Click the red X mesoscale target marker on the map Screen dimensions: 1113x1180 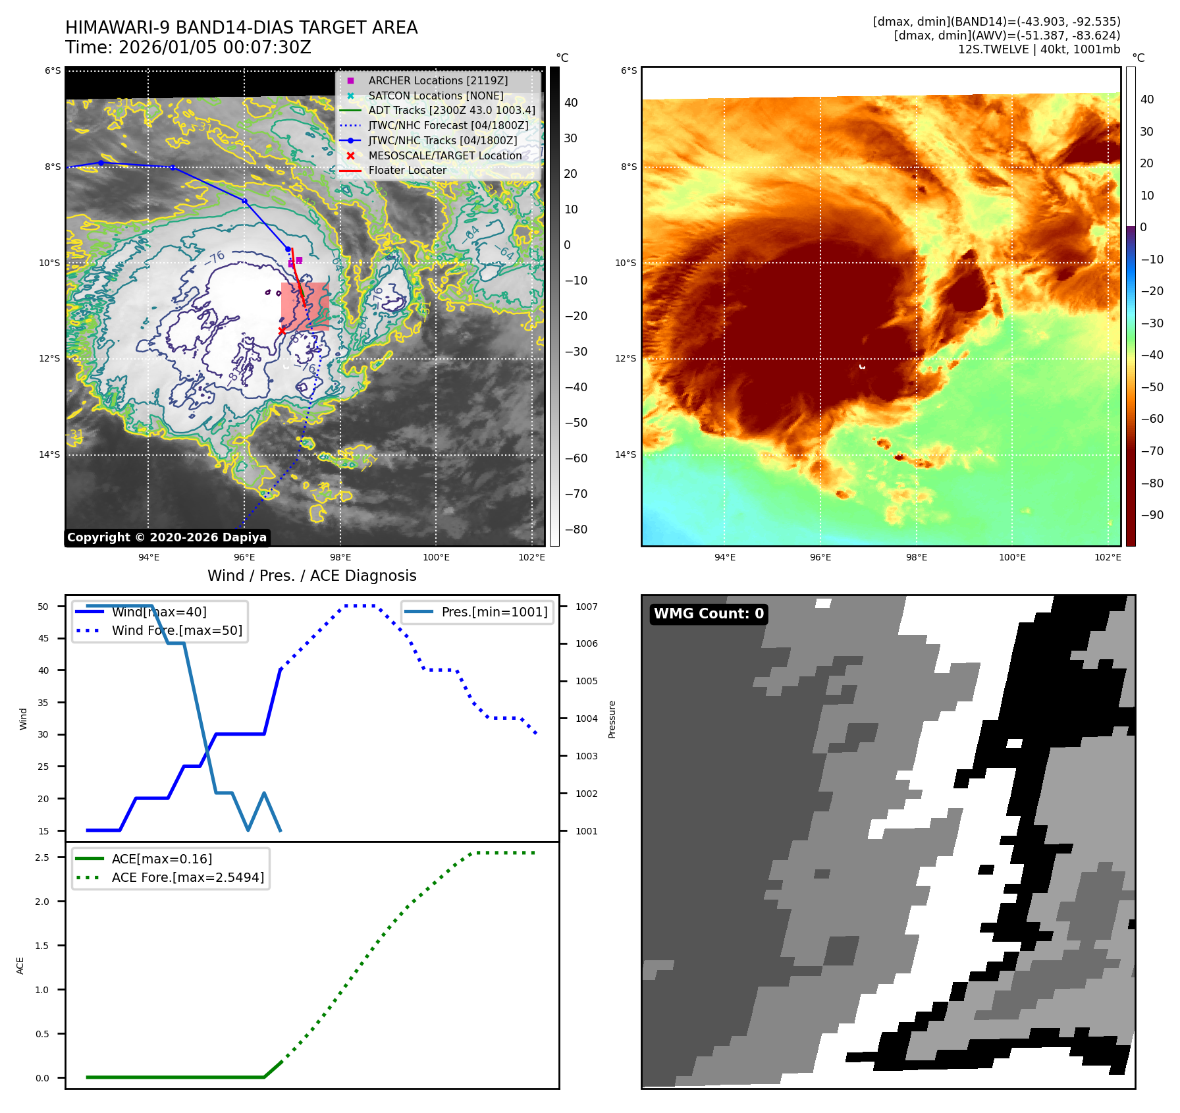[x=282, y=331]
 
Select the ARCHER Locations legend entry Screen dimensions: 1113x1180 [x=438, y=80]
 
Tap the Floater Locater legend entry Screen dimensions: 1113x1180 [x=407, y=170]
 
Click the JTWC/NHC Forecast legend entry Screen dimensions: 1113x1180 [x=448, y=125]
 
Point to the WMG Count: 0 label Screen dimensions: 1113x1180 [x=709, y=614]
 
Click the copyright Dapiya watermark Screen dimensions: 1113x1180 [x=167, y=537]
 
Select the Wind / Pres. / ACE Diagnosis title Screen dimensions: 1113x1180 [x=311, y=576]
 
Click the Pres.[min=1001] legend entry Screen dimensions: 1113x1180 [x=494, y=612]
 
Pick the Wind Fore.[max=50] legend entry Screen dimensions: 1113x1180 [x=176, y=630]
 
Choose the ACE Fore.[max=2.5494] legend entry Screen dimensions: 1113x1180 [x=188, y=877]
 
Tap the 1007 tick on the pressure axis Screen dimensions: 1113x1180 [x=586, y=607]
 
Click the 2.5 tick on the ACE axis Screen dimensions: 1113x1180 [x=42, y=857]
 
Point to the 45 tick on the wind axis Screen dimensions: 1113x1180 [x=43, y=638]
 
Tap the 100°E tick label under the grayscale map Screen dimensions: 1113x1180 [x=436, y=557]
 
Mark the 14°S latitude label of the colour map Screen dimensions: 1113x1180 [x=626, y=454]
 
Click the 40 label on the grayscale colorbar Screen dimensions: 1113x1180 [x=571, y=103]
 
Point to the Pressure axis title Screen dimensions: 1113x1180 [x=612, y=719]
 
